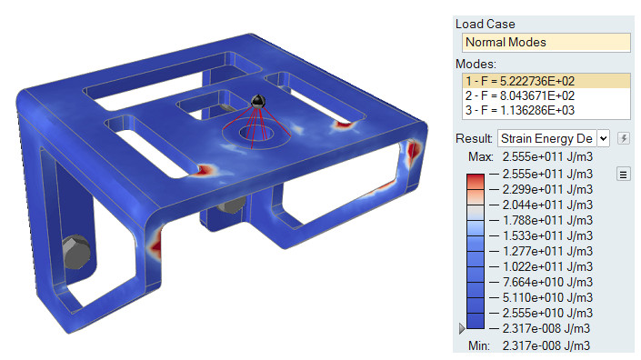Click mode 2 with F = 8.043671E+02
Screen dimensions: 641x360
tap(520, 95)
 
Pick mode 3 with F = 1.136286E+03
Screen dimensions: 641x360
tap(520, 110)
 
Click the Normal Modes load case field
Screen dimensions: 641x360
tap(546, 42)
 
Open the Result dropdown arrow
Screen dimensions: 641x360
tap(604, 138)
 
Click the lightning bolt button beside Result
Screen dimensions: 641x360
tap(624, 138)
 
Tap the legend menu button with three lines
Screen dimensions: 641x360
tap(623, 175)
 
